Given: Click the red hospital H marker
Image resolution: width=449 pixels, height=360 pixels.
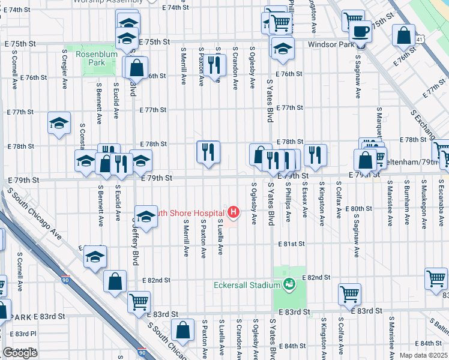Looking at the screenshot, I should click(234, 212).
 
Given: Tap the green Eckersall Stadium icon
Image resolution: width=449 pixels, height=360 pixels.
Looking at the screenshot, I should click(289, 283).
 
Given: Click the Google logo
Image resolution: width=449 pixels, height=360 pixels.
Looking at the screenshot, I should click(20, 353).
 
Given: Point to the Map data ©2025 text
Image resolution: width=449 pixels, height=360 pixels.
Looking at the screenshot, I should click(423, 355).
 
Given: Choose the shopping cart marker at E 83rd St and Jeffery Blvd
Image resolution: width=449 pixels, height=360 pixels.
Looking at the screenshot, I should click(139, 301).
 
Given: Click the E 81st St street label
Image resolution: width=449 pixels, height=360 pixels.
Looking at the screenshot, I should click(292, 244).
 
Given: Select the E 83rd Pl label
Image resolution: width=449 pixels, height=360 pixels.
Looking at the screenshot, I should click(26, 334).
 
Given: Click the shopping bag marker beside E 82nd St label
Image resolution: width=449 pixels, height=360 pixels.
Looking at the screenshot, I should click(115, 280).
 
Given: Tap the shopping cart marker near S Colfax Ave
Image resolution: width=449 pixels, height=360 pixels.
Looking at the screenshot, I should click(349, 293).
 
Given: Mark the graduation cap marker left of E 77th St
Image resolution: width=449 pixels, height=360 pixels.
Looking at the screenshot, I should click(59, 124).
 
